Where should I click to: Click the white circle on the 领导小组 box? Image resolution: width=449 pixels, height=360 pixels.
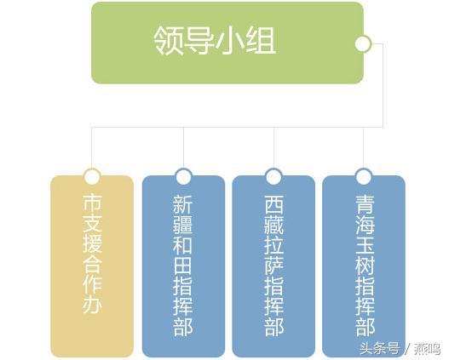tap(363, 44)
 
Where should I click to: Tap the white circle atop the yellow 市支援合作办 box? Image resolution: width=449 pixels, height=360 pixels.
tap(92, 176)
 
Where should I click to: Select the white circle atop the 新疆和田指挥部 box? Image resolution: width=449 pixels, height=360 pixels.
tap(183, 176)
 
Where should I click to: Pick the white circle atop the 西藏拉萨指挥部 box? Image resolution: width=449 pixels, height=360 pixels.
tap(273, 176)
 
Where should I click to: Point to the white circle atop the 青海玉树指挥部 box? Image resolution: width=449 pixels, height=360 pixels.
tap(364, 176)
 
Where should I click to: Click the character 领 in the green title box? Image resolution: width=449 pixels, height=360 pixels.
tap(169, 41)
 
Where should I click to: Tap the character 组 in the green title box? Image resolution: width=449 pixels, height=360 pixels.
tap(261, 41)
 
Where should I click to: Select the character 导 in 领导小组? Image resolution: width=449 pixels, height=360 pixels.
tap(199, 41)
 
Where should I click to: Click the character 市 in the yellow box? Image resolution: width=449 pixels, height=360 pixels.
tap(92, 203)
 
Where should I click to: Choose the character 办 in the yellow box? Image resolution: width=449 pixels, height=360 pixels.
tap(92, 303)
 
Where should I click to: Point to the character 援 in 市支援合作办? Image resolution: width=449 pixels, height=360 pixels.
tap(92, 243)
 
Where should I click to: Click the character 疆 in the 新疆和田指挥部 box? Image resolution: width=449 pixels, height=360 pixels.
tap(183, 223)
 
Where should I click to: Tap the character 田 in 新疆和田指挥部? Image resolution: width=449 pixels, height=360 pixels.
tap(183, 264)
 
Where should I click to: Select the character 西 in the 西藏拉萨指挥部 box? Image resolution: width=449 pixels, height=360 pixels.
tap(273, 203)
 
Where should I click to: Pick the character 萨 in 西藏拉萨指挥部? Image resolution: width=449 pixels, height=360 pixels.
tap(273, 264)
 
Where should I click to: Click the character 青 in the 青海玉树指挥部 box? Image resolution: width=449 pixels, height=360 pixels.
tap(365, 203)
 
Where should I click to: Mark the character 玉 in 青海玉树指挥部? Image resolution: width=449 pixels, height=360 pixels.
tap(365, 244)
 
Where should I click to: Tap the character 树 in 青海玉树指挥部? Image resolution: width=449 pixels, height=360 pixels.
tap(365, 264)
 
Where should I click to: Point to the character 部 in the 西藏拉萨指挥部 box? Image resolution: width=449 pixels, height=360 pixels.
tap(273, 326)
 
